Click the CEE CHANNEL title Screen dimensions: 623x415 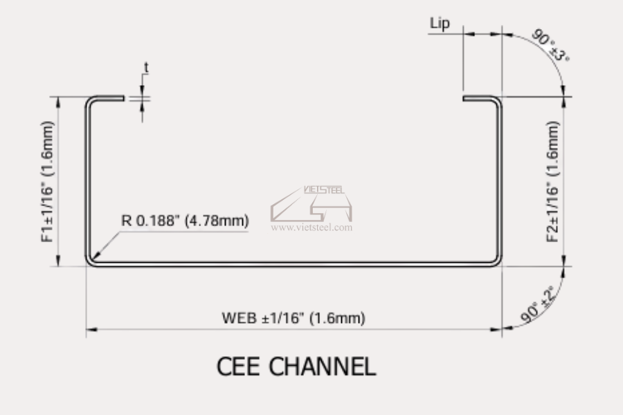coord(296,366)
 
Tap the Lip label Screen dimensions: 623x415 coord(440,23)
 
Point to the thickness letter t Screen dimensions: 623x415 coord(146,68)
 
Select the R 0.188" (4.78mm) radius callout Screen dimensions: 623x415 coord(185,221)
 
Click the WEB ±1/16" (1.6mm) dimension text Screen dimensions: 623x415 coord(294,318)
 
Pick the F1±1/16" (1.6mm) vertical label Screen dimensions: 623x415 coord(47,181)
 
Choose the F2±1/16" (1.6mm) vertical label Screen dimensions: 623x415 coord(553,181)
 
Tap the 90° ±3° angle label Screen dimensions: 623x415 coord(551,45)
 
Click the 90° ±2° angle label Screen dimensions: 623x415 coord(538,304)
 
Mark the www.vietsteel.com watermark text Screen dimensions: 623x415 coord(311,228)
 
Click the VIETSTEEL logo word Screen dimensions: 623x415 coord(324,190)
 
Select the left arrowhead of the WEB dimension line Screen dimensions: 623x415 coord(92,329)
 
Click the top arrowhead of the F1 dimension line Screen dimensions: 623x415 coord(58,102)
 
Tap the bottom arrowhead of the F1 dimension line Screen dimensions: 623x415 coord(58,261)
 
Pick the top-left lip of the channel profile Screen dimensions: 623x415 coord(111,98)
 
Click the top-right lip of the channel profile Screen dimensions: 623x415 coord(476,98)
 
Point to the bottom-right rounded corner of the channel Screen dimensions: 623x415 coord(496,261)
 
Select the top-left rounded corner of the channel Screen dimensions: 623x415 coord(91,101)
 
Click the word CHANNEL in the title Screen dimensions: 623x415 coord(322,366)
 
